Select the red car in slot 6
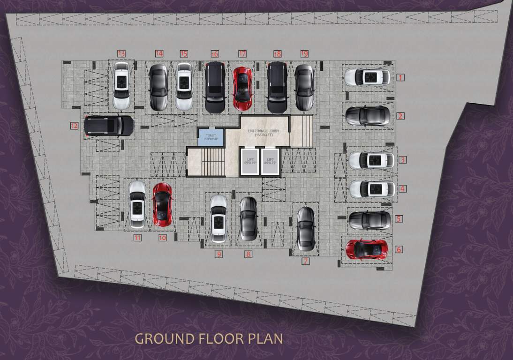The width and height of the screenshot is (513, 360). tap(367, 249)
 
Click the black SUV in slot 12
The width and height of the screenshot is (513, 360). tap(109, 126)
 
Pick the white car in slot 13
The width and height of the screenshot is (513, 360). tap(121, 85)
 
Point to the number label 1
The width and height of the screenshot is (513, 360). tap(400, 77)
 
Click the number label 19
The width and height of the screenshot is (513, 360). tap(304, 54)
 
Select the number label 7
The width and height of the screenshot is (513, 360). tap(305, 262)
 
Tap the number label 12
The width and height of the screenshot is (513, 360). tap(74, 126)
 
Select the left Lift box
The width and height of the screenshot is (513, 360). tap(249, 161)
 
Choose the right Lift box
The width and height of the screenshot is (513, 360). tap(270, 161)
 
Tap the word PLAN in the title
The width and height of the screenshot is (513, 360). tap(266, 338)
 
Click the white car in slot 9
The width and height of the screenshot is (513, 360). tap(219, 218)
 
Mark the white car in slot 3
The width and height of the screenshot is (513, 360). tap(371, 160)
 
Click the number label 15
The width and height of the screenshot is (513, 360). tap(183, 54)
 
